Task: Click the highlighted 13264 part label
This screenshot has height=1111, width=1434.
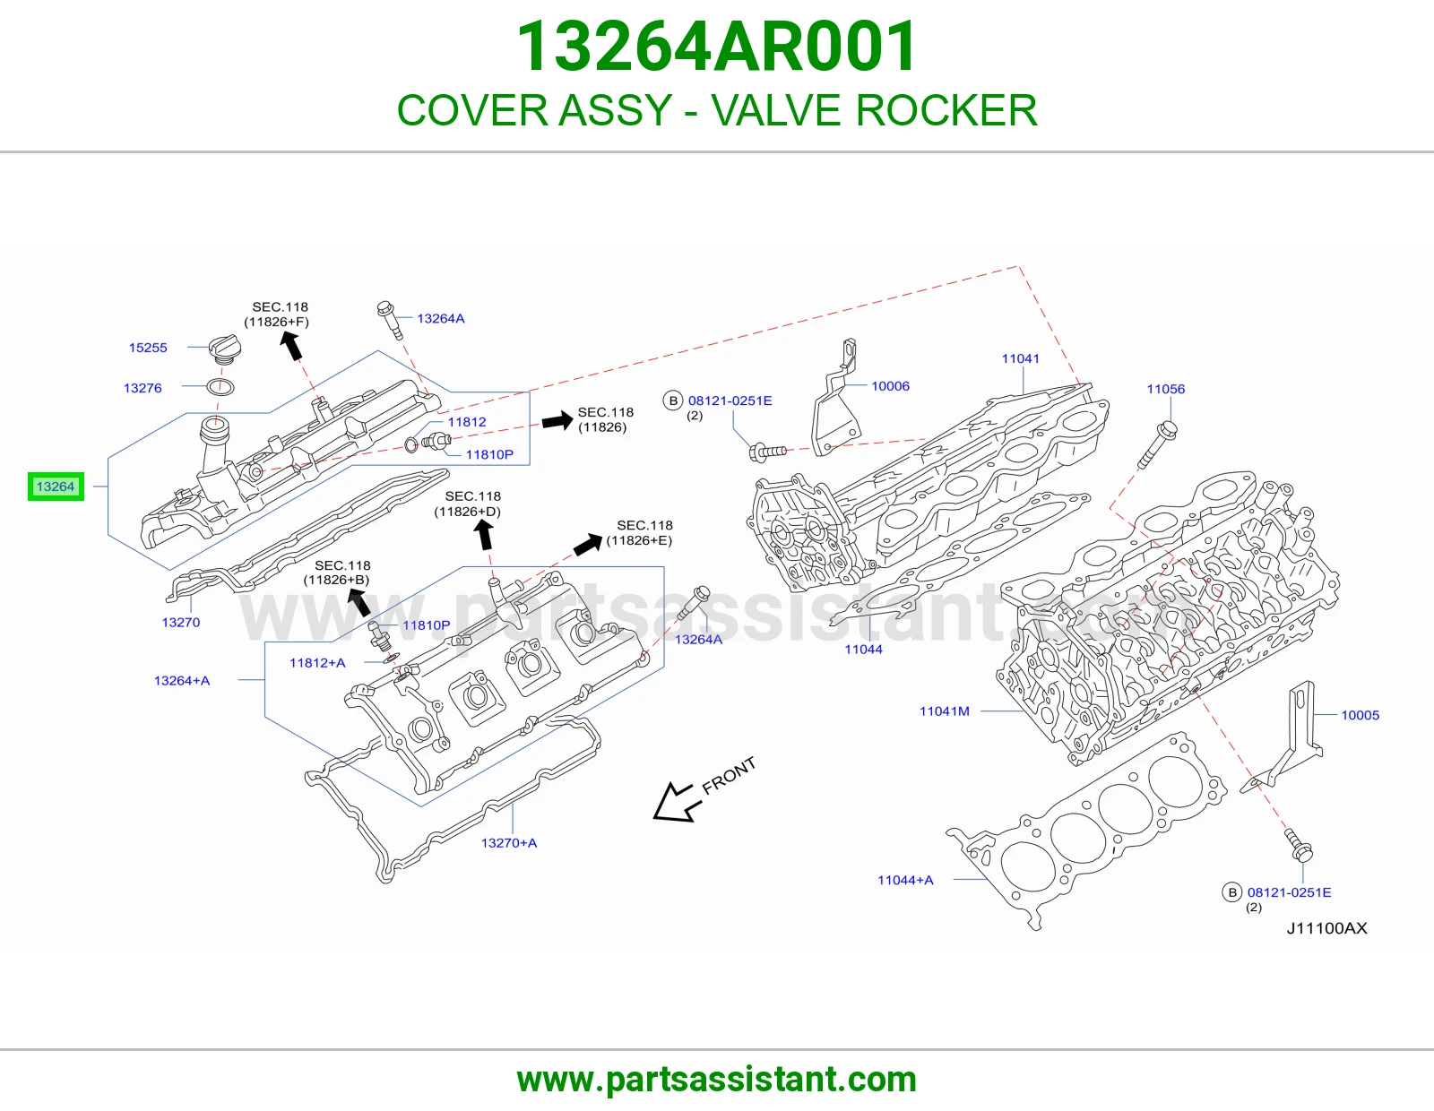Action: [x=56, y=487]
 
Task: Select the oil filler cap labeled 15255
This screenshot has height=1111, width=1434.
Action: [x=224, y=349]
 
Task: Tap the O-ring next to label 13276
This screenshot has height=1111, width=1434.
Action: [x=220, y=386]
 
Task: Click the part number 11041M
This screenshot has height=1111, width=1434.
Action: [x=945, y=711]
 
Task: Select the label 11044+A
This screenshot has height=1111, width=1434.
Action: [x=904, y=880]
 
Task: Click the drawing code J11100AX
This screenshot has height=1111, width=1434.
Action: [x=1326, y=928]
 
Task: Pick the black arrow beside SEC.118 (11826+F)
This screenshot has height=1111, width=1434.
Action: [x=291, y=346]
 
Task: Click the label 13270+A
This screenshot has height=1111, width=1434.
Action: [x=509, y=843]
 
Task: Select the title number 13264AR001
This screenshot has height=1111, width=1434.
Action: [x=717, y=47]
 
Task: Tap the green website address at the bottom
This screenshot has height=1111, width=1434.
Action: [x=717, y=1080]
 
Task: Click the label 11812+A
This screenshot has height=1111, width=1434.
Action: [x=317, y=663]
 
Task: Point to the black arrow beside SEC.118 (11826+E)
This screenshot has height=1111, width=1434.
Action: [x=587, y=544]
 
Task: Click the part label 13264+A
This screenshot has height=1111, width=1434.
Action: [x=182, y=681]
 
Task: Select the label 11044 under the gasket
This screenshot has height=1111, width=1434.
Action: [x=863, y=650]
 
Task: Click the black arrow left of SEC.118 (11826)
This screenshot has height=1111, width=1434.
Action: [x=557, y=420]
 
